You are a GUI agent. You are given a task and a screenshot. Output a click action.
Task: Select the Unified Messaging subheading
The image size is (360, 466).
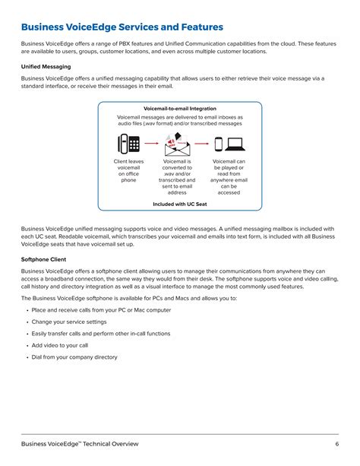[46, 67]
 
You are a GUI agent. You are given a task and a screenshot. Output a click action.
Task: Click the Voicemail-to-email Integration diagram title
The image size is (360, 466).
[180, 109]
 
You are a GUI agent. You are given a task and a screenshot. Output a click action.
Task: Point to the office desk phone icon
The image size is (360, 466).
[128, 144]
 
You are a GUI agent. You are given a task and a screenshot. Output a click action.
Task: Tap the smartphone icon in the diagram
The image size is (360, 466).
[219, 144]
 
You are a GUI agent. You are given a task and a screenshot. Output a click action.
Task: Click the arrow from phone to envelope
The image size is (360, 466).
[152, 144]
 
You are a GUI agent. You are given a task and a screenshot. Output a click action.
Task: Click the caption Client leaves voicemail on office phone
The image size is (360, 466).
[128, 171]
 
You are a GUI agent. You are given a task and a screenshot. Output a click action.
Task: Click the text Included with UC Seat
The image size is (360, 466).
[180, 203]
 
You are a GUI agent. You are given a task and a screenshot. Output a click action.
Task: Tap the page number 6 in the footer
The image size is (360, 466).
[336, 444]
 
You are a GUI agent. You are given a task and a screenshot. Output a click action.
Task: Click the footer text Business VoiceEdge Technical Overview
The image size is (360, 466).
[80, 444]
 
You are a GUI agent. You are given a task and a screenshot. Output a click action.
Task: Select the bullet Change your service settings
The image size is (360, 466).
[69, 322]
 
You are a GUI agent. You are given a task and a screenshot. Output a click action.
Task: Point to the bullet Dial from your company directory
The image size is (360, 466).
[74, 357]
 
